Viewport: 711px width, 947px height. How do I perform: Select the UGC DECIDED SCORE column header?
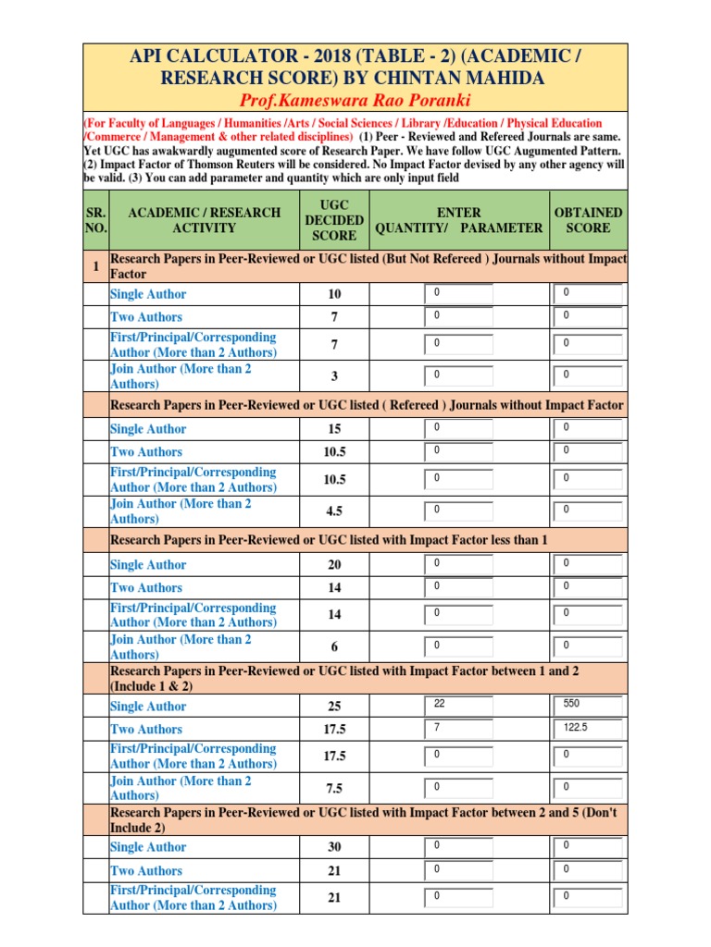tap(333, 220)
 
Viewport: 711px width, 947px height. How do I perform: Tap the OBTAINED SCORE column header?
tap(588, 220)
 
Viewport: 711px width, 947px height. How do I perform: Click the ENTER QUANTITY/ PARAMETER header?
tap(458, 220)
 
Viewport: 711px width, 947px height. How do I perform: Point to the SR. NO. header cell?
tap(95, 220)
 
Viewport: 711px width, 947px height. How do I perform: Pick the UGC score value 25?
tap(334, 707)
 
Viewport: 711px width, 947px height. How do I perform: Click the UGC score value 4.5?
tap(334, 510)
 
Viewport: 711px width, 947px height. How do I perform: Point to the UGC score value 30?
tap(334, 847)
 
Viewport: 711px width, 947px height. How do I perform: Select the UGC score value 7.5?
tap(334, 788)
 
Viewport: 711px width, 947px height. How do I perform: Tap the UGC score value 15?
tap(334, 429)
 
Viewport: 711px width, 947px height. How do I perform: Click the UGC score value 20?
tap(334, 565)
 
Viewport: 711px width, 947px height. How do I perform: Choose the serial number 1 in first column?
tap(95, 266)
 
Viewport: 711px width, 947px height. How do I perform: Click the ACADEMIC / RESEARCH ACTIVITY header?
tap(204, 220)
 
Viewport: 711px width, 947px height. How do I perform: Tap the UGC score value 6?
tap(334, 646)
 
